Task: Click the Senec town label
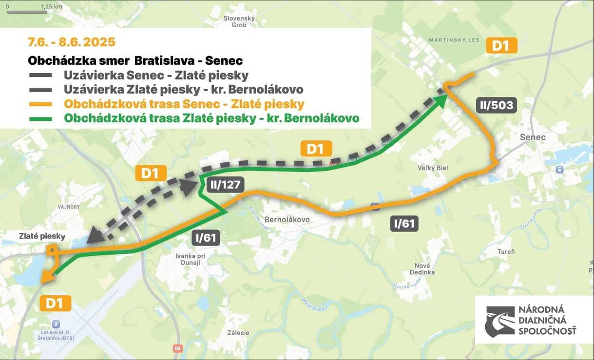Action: point(533,137)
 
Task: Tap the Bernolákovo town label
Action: point(287,220)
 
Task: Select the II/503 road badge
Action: point(496,105)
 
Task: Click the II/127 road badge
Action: point(225,184)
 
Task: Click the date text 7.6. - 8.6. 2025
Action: point(72,42)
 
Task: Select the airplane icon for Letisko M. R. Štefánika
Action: point(56,324)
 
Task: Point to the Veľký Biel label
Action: point(433,168)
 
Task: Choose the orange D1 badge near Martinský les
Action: point(501,46)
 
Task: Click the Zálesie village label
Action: point(238,333)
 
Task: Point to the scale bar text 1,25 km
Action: point(51,7)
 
